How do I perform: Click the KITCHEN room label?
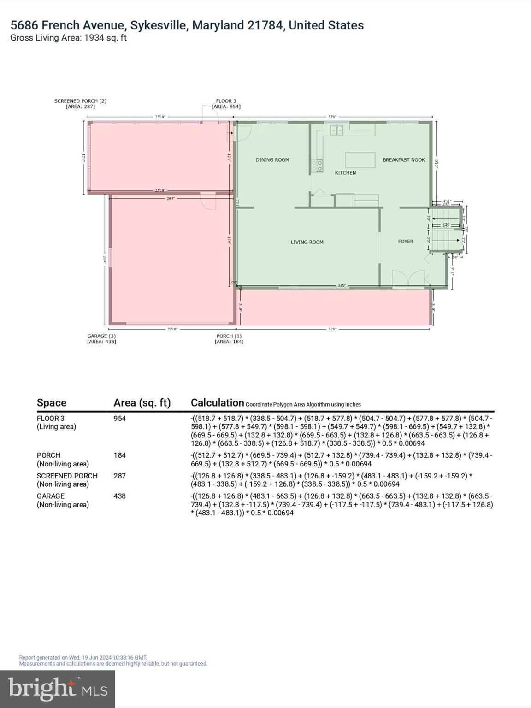click(345, 173)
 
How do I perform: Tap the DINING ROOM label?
click(272, 160)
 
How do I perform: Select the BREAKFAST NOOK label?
click(404, 160)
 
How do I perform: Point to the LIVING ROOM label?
click(307, 242)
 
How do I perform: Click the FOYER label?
click(406, 242)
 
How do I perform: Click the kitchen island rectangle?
click(360, 160)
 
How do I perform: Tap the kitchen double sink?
click(337, 130)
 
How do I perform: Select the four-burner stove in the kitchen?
click(317, 166)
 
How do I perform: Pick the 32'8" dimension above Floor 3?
click(332, 117)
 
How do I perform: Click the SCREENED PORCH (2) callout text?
click(80, 104)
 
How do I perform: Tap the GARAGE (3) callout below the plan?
click(101, 339)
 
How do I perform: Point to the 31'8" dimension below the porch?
click(332, 329)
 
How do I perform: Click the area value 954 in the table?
click(120, 419)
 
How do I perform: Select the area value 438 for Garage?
click(120, 496)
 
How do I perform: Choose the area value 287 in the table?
click(120, 476)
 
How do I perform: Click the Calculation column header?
click(217, 403)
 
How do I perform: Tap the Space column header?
click(52, 403)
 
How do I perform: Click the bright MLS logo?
click(58, 689)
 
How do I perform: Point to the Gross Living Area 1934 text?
click(68, 38)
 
